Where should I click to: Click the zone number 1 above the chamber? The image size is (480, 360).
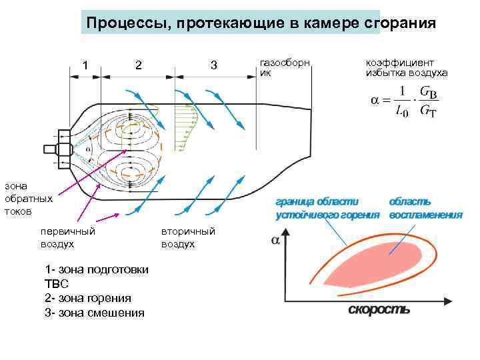85,65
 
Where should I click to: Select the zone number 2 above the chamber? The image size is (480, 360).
138,65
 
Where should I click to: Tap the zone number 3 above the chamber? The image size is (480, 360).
213,65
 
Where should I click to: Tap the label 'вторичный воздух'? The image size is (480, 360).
188,238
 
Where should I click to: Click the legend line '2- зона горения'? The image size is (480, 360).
87,298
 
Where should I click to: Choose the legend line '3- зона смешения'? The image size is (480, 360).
93,312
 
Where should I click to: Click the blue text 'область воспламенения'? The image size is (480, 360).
425,207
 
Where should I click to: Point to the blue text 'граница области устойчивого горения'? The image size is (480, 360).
327,207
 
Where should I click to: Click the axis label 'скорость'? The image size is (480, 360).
378,309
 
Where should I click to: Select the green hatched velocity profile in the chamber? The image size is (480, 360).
187,127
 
